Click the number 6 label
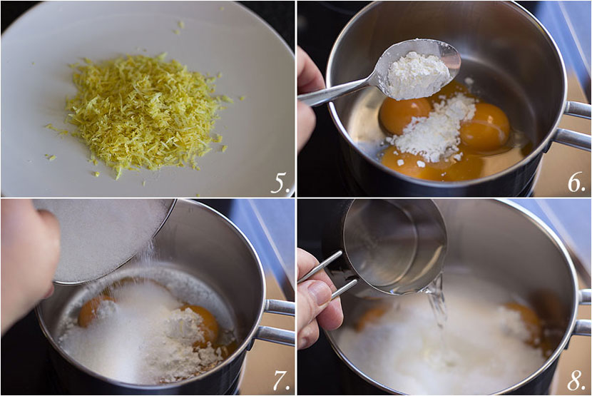(576, 183)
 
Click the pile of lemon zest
(143, 113)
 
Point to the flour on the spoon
(417, 73)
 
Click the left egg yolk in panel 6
(404, 116)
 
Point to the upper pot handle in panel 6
(578, 110)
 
